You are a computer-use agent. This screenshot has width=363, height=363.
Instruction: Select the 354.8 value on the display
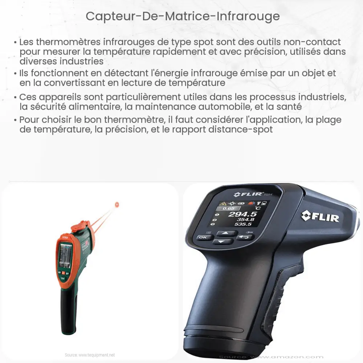246,219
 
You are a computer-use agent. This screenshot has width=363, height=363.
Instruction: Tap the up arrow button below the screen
225,233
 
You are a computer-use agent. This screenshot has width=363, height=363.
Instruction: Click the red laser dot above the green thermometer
117,205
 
